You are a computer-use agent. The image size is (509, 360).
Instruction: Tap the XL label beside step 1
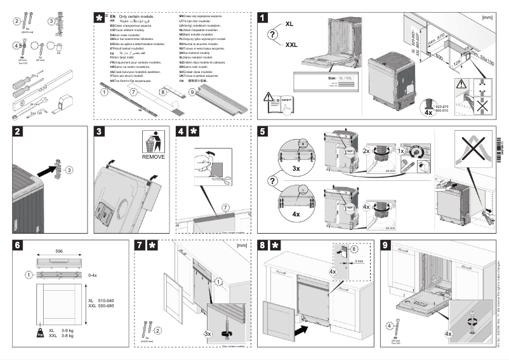pyautogui.click(x=289, y=23)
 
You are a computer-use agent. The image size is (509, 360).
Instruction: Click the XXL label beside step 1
pyautogui.click(x=291, y=45)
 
